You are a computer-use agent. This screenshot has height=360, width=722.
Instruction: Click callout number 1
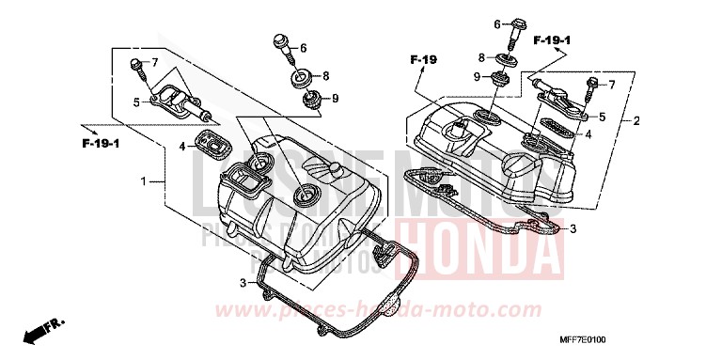[145, 180]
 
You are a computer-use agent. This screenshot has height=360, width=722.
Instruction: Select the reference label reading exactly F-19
[425, 60]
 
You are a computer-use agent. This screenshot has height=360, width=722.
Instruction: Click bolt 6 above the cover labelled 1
[280, 44]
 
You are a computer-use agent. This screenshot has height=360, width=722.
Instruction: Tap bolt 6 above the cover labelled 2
[514, 30]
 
